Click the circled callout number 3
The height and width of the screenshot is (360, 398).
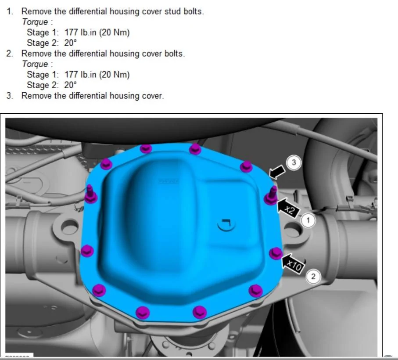pos(294,162)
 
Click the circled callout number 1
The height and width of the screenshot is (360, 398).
pos(308,220)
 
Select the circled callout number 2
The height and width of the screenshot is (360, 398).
pos(313,276)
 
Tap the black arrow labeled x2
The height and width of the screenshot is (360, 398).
pos(288,208)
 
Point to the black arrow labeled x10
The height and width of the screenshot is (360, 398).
pos(292,264)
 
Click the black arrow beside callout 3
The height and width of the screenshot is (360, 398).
pos(277,172)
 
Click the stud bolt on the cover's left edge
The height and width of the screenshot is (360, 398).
pos(90,194)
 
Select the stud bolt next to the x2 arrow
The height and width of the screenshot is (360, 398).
pos(271,195)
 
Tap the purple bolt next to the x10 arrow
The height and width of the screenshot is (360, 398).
pos(276,253)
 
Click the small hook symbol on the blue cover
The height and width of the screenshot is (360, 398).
pos(226,224)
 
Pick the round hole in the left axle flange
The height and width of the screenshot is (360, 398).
pos(69,227)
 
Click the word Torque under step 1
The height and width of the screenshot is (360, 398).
pos(35,22)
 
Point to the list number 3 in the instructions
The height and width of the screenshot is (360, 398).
pos(10,96)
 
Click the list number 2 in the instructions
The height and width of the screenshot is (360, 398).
pos(10,54)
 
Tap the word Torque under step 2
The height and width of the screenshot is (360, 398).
pos(35,64)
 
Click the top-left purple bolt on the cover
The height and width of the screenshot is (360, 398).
pos(106,164)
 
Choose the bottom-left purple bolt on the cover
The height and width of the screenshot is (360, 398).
pos(99,290)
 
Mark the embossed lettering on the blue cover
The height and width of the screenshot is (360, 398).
pos(169,181)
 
